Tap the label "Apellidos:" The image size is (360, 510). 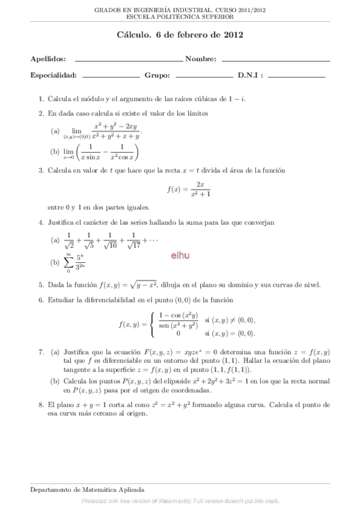[x=48, y=59]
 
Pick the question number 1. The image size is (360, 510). [x=41, y=98]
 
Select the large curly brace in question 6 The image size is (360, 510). [x=151, y=324]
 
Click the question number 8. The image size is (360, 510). [x=41, y=405]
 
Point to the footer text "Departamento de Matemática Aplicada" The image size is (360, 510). [x=87, y=491]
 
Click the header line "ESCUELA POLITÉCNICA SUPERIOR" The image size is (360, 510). [x=180, y=18]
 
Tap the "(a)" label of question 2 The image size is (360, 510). [x=55, y=131]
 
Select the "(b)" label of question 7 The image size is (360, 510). [x=55, y=381]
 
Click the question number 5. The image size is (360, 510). [x=41, y=285]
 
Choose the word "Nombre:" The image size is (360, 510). [x=201, y=59]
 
